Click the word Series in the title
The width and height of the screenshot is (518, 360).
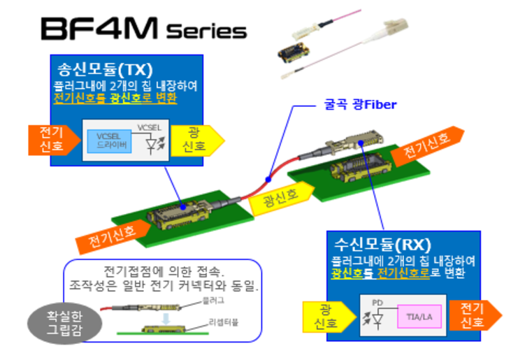pyautogui.click(x=207, y=31)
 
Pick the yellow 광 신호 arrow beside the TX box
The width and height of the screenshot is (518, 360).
pyautogui.click(x=194, y=140)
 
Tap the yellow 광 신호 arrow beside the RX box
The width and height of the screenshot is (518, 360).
pyautogui.click(x=327, y=317)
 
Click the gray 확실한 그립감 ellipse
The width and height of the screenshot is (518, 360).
pyautogui.click(x=63, y=321)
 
